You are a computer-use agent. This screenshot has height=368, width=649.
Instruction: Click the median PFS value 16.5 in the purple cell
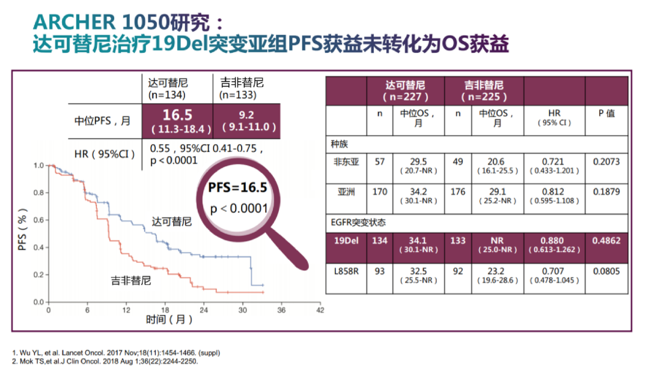(x=177, y=115)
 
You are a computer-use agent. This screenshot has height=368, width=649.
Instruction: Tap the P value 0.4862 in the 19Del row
(x=607, y=241)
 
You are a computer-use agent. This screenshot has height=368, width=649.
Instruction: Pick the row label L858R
(x=346, y=271)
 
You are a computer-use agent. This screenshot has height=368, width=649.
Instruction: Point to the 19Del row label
(x=346, y=241)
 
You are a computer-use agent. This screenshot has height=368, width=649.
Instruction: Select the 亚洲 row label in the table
(x=346, y=193)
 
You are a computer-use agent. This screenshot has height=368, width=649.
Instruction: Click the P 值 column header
(x=607, y=113)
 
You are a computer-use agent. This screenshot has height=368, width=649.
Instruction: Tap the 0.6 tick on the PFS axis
(x=38, y=220)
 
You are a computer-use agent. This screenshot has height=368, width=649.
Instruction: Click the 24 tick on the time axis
(x=204, y=310)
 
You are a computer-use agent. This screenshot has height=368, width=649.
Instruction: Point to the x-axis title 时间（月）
(x=170, y=319)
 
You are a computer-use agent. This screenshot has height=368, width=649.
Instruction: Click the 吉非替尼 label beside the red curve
(x=130, y=280)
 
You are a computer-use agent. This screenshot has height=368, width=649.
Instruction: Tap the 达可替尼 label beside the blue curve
(x=172, y=222)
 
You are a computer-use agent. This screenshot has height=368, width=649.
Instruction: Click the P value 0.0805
(x=607, y=271)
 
